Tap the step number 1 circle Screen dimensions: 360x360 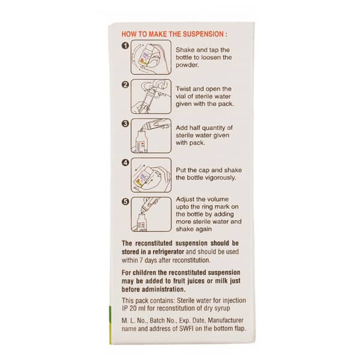coord(125,46)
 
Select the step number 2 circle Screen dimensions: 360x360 coord(125,85)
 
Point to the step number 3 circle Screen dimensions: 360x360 coord(125,124)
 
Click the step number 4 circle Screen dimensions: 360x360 coord(125,163)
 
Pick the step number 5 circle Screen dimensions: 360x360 coord(125,202)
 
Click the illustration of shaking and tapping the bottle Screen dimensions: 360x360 coord(151,57)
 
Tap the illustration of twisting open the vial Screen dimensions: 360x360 coord(151,97)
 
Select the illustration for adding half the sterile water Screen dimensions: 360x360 coord(151,136)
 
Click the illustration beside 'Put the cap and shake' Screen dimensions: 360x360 coord(151,175)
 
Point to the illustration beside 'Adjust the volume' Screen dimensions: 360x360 coord(151,214)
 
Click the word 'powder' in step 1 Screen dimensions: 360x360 coord(187,65)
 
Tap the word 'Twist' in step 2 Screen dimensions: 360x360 coord(183,89)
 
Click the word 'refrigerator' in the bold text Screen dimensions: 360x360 coord(169,252)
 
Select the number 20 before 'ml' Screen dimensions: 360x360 coord(133,308)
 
